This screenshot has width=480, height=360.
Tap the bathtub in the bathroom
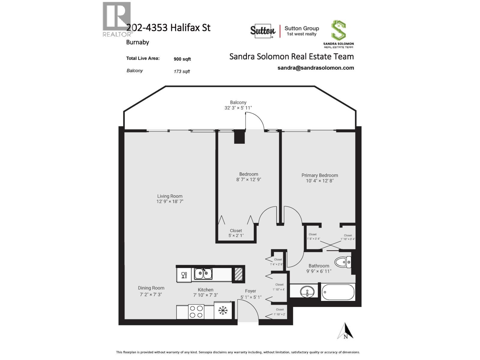click(x=338, y=292)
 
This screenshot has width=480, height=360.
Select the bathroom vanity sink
click(x=307, y=291)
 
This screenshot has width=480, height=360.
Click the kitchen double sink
click(x=203, y=274)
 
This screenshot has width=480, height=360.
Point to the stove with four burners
click(x=196, y=311)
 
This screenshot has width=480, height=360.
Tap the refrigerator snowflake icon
click(x=223, y=311)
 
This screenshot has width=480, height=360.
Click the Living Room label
click(x=170, y=196)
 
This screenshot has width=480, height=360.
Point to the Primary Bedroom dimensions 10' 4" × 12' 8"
click(x=320, y=181)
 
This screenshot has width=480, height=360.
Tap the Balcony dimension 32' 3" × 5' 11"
click(x=238, y=108)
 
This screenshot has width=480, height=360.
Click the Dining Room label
click(x=151, y=288)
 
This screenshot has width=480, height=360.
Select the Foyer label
click(x=250, y=291)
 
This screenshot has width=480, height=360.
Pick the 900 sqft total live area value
click(x=182, y=59)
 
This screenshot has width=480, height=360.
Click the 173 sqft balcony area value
click(x=181, y=71)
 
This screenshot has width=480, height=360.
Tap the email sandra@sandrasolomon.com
click(x=316, y=68)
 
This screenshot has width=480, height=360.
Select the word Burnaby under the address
click(x=137, y=42)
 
